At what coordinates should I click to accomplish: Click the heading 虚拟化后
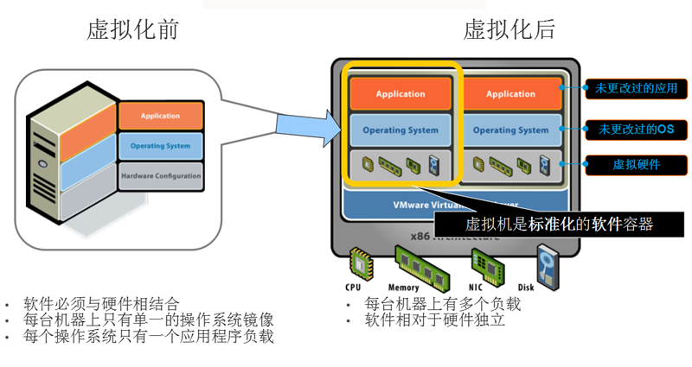[509, 29]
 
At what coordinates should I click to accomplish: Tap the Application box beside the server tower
[160, 116]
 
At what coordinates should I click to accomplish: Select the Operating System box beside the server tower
[160, 146]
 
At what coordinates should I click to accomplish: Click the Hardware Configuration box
[160, 176]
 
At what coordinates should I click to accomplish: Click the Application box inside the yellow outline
[400, 94]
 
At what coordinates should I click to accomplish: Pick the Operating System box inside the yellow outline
[400, 130]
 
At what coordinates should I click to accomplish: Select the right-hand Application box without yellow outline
[511, 94]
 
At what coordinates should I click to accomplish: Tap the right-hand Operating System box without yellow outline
[511, 130]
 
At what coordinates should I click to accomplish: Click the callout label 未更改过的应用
[637, 88]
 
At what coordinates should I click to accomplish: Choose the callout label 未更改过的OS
[637, 130]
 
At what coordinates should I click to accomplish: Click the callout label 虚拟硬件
[637, 163]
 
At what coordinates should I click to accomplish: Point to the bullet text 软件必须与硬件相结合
[101, 304]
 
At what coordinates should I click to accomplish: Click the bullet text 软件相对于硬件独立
[434, 320]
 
